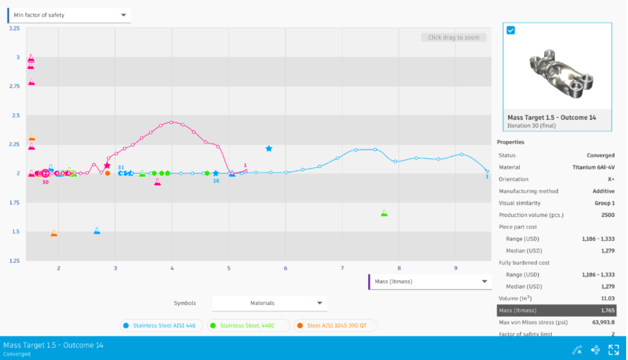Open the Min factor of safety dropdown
pos(69,15)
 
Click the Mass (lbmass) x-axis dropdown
pos(430,282)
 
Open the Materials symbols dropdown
pos(270,303)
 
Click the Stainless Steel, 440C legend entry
pos(248,326)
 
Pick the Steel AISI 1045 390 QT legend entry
pos(336,326)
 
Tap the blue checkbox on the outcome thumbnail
pos(511,30)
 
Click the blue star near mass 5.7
pos(269,149)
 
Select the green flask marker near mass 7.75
pos(384,213)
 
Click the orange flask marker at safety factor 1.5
pos(54,233)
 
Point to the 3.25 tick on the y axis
pos(15,28)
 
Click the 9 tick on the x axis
pos(456,268)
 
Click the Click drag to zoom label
pos(454,38)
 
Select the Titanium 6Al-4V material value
pos(594,167)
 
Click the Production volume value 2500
pos(608,215)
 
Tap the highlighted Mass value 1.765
pos(608,311)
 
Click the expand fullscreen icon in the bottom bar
pos(613,350)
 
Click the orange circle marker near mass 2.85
pos(108,173)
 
